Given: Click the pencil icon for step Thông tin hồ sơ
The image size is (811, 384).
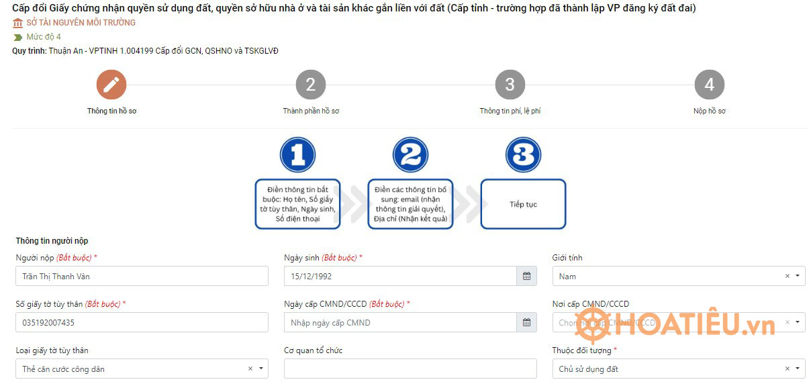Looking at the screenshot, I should (x=111, y=85).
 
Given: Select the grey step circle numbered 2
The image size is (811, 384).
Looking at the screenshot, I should (x=310, y=85).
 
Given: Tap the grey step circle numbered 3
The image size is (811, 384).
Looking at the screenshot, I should (x=510, y=85).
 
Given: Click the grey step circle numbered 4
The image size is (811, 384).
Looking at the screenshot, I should (x=709, y=85).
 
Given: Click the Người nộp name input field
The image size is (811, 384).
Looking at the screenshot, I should (x=142, y=276).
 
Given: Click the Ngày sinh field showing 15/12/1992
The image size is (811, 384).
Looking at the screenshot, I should (x=400, y=276).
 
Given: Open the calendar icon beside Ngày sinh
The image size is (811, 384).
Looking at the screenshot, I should (x=526, y=276).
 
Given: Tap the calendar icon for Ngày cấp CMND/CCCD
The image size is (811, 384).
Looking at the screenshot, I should (x=526, y=323).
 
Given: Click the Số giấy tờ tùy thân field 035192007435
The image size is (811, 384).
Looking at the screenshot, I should (x=142, y=323).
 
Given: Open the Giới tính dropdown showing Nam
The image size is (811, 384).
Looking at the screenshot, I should (x=668, y=276).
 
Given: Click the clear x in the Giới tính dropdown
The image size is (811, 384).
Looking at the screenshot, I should (x=787, y=276).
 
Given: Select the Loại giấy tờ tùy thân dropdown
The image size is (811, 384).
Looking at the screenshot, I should (x=131, y=369).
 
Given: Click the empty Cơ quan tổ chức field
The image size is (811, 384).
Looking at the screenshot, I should (x=410, y=369).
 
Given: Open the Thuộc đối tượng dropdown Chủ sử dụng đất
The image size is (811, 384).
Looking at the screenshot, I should (x=668, y=369).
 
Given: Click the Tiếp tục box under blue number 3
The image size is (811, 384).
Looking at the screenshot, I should (x=523, y=204).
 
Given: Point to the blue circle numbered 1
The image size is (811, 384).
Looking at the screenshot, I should (x=297, y=155).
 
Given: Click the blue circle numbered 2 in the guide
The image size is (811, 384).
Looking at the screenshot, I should (x=410, y=155).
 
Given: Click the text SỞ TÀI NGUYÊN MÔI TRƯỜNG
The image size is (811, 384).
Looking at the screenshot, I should (x=81, y=23).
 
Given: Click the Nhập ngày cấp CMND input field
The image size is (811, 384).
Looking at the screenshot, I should (x=400, y=323).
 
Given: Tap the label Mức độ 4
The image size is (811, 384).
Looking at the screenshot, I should (x=44, y=37).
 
